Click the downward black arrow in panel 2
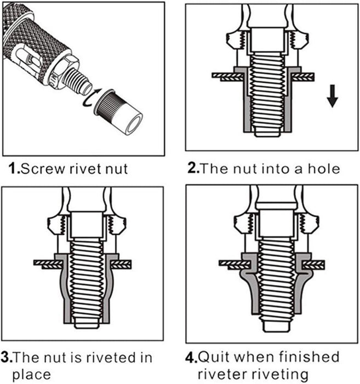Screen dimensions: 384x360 point(332,97)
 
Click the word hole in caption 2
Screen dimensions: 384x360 point(324,168)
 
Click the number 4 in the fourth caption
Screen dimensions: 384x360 point(191,358)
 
